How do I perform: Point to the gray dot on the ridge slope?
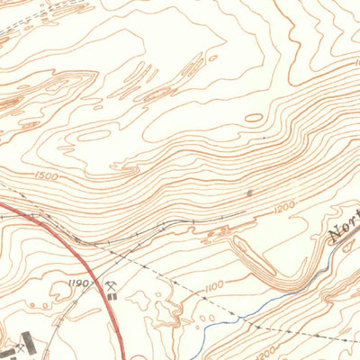[249, 192]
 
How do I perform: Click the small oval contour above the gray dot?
[254, 117]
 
